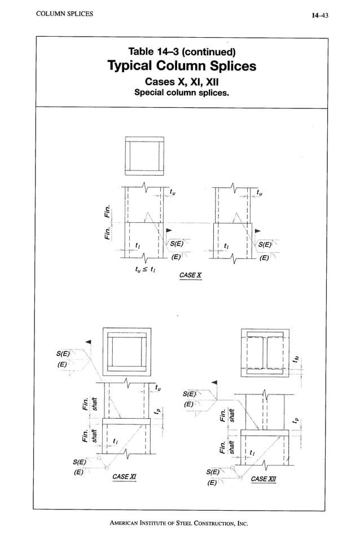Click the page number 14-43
click(x=319, y=15)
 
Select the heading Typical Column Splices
click(x=181, y=67)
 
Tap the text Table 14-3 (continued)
click(x=181, y=52)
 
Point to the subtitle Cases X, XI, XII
click(x=181, y=81)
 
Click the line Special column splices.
click(x=181, y=92)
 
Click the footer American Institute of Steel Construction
click(x=179, y=523)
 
